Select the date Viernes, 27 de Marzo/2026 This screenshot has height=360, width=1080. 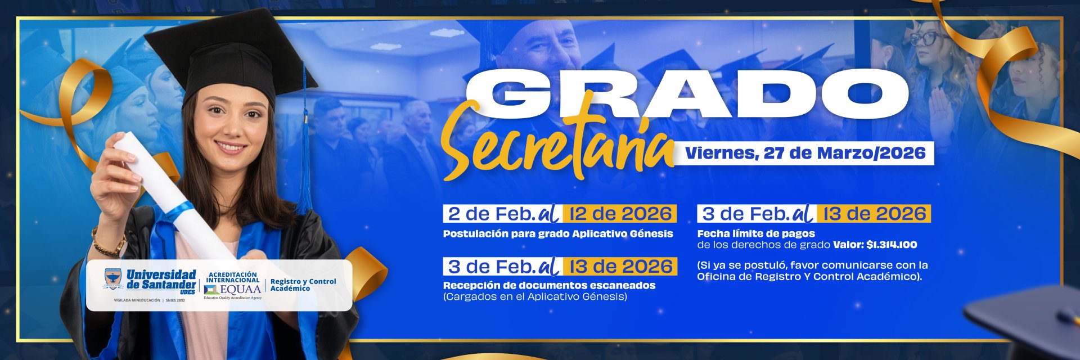coord(805,153)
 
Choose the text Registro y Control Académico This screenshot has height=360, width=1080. coord(303,285)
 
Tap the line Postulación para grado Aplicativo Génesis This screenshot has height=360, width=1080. coord(558,233)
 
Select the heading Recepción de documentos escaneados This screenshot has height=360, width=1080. coord(549,285)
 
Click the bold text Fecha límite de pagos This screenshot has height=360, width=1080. coord(756,233)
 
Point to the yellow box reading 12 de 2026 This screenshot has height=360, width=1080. coord(620,214)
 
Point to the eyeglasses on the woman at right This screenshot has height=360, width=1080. coord(924,38)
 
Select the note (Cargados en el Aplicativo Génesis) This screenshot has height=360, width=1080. coord(535,296)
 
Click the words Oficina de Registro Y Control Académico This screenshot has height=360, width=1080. coord(809,277)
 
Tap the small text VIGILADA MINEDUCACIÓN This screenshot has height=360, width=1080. coord(137,300)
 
